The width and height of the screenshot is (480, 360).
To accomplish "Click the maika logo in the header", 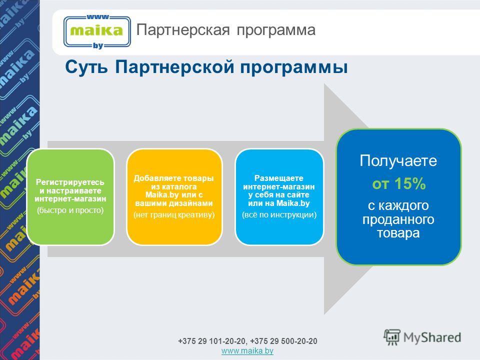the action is coord(97,32).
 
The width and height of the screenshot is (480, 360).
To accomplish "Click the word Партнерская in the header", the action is coord(183,30).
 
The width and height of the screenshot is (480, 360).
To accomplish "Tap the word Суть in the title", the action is coord(86,66).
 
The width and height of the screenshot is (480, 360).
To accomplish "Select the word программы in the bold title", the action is coord(293,67).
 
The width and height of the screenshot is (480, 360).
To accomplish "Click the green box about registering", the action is coord(70,197).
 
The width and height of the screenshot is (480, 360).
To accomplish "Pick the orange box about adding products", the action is coord(174,197).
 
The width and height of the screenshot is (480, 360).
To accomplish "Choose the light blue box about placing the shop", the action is coord(279,197).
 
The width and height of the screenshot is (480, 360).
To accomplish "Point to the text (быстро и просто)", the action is coord(70,210).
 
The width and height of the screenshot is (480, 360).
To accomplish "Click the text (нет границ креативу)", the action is coord(174,215).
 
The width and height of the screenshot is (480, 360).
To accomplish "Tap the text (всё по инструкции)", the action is coord(279,215).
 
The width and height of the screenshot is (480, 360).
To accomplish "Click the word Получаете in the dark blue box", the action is coord(398,160).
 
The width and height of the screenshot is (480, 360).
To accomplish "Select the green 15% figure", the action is coord(410,183).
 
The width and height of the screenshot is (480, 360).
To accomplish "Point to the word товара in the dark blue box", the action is coord(398,233).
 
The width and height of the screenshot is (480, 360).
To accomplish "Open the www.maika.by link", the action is coord(247,351).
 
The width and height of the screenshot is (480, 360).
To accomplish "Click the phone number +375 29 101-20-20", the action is coord(212,341).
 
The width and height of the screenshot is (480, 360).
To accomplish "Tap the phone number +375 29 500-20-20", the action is coord(284,341).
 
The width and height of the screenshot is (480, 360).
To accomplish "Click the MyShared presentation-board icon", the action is coord(392,337).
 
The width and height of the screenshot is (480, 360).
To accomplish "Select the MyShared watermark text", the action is coord(432,337).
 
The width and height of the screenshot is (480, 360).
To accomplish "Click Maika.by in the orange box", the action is coord(162,195).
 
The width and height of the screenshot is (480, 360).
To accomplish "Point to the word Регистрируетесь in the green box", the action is coord(70,182).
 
